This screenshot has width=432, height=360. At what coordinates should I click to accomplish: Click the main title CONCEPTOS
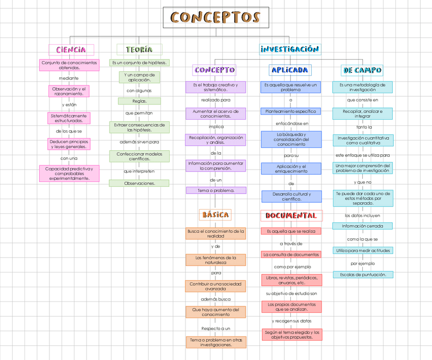point(215,18)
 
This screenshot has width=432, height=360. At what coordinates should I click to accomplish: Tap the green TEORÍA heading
point(139,49)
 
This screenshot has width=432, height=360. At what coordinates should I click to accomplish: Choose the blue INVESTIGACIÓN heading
point(290,49)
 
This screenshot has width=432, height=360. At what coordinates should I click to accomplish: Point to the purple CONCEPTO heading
point(214,70)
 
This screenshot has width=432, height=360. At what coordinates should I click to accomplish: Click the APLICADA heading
point(289,70)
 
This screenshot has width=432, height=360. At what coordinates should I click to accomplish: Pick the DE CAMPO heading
point(363,70)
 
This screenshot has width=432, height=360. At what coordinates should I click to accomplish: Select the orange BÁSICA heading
point(215,215)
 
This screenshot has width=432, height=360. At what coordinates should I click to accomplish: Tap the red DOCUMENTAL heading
point(291,215)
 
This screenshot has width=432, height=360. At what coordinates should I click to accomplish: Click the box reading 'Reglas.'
point(139,101)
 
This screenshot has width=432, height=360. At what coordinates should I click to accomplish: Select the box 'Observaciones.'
point(139,183)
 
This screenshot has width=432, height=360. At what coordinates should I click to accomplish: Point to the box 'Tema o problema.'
point(215,190)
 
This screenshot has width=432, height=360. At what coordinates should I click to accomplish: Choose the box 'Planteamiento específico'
point(290,111)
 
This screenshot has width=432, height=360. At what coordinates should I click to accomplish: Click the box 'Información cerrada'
point(363,226)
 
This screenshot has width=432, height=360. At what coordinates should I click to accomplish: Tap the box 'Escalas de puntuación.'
point(363,274)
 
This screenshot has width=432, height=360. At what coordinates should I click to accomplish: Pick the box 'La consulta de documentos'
point(291,254)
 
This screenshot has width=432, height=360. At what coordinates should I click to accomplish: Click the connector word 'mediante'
point(69,78)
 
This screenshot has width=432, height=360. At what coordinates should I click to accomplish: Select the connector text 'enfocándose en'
point(292,123)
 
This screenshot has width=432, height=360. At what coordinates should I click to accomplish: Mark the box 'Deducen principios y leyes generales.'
point(69,144)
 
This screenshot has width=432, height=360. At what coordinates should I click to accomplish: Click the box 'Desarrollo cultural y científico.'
point(291,197)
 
